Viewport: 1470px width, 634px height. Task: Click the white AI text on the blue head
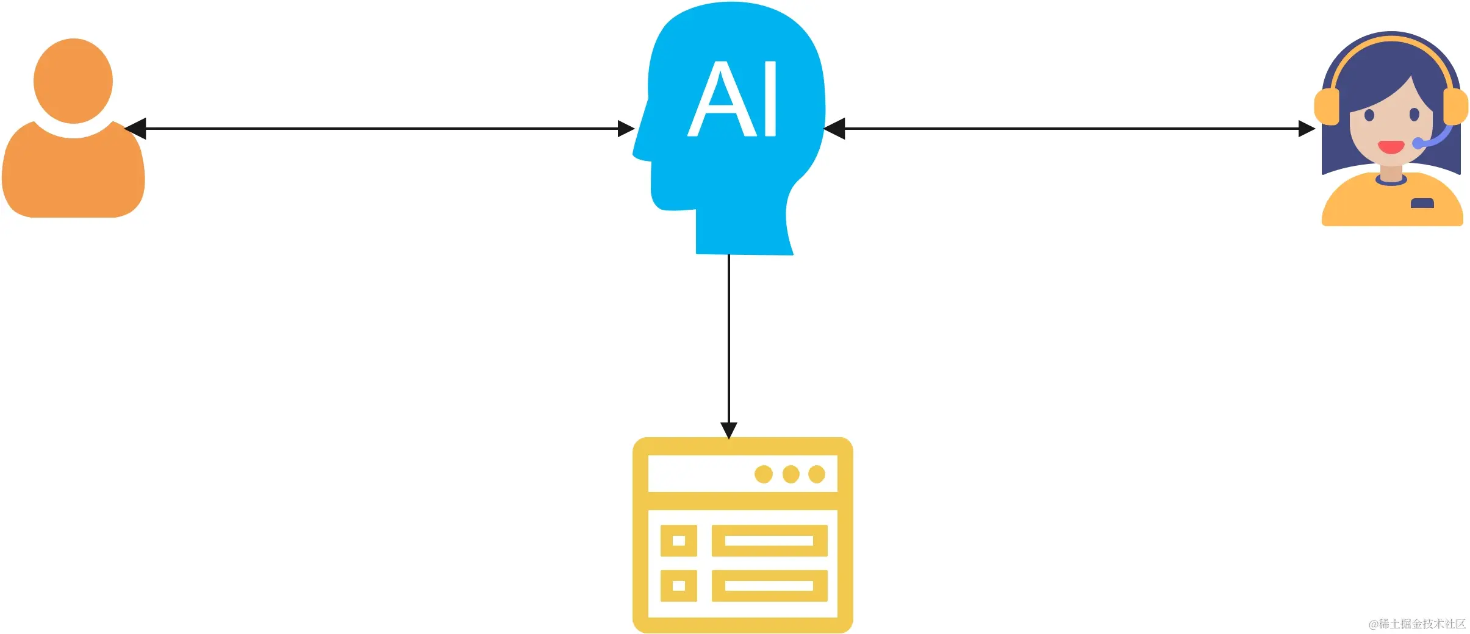(732, 99)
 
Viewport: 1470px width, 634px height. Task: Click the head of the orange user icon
(73, 80)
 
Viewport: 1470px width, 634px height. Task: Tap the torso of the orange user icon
(73, 177)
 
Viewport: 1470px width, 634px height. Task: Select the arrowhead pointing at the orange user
(135, 129)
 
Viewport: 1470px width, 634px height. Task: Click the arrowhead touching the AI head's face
(626, 129)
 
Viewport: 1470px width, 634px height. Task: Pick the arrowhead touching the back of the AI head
(834, 129)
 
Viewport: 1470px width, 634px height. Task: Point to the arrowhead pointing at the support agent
(1307, 129)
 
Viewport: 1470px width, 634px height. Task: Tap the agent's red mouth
(1391, 147)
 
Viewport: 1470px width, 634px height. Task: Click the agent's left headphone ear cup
(1327, 107)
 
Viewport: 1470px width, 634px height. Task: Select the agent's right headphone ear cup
(1455, 107)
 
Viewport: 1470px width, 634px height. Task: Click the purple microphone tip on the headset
(1418, 143)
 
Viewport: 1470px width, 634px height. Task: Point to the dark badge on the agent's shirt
(1422, 204)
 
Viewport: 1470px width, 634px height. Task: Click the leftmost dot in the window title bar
(764, 474)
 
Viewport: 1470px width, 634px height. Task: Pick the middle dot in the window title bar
(791, 474)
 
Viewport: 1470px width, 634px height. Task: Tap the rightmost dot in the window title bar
(817, 474)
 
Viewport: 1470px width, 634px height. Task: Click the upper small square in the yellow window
(678, 541)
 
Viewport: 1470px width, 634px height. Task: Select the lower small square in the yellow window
(678, 586)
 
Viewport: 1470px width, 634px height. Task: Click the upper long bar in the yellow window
(769, 541)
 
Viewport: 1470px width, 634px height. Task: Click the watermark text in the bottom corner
(1417, 624)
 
